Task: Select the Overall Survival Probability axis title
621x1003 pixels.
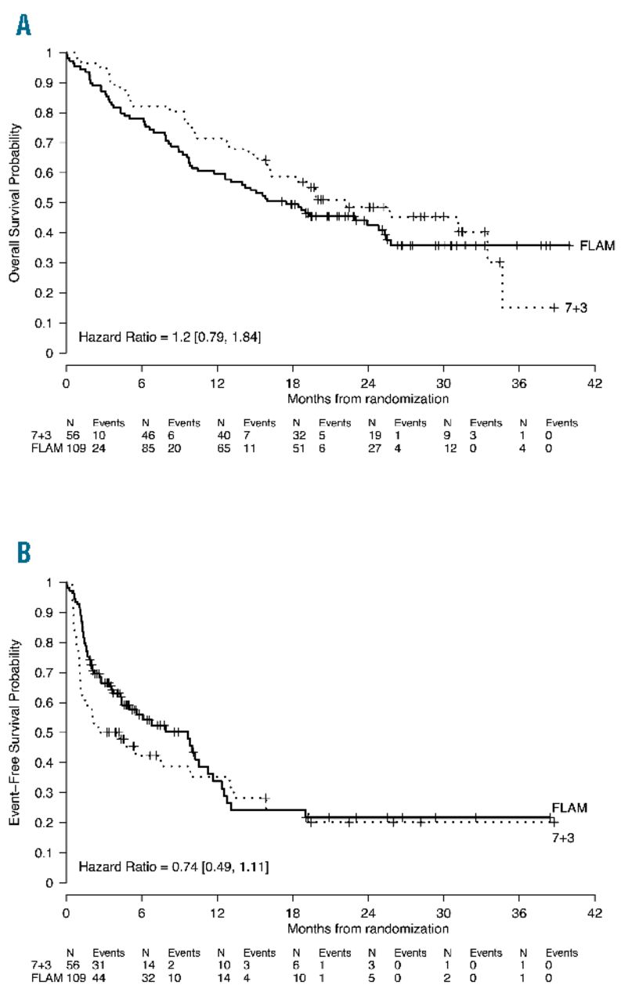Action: [13, 202]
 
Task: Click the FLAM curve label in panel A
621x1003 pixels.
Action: [597, 246]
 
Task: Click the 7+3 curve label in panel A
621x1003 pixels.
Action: [576, 308]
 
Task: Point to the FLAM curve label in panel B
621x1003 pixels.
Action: [569, 807]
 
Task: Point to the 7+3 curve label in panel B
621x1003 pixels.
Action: [564, 836]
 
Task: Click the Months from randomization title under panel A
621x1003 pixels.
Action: [367, 398]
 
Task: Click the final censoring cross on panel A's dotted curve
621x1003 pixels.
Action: [554, 308]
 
